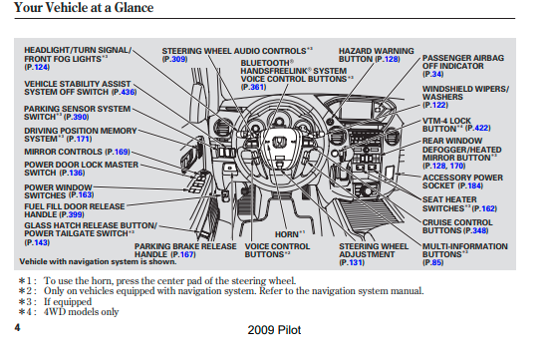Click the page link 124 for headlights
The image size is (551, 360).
coord(42,67)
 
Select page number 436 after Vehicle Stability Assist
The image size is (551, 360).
coord(128,92)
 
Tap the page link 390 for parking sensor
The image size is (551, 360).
coord(81,117)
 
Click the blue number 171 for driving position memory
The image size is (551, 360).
coord(83,139)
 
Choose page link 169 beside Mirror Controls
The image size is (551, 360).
coord(122,152)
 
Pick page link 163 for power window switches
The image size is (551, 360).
coord(85,195)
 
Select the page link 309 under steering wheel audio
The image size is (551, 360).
coord(179,59)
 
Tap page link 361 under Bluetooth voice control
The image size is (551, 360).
coord(258,87)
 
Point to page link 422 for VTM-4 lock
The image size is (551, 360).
coord(482,129)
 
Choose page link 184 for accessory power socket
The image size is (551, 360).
coord(474,185)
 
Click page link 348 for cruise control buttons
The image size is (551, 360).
coord(479,230)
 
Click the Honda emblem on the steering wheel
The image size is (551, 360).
coord(280,142)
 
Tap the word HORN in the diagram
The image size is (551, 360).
coord(286,234)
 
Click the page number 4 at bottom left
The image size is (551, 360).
coord(17,328)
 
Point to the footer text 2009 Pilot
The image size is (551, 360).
coord(274,330)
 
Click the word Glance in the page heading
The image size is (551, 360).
coord(134,8)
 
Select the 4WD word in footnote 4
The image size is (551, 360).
coord(55,312)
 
